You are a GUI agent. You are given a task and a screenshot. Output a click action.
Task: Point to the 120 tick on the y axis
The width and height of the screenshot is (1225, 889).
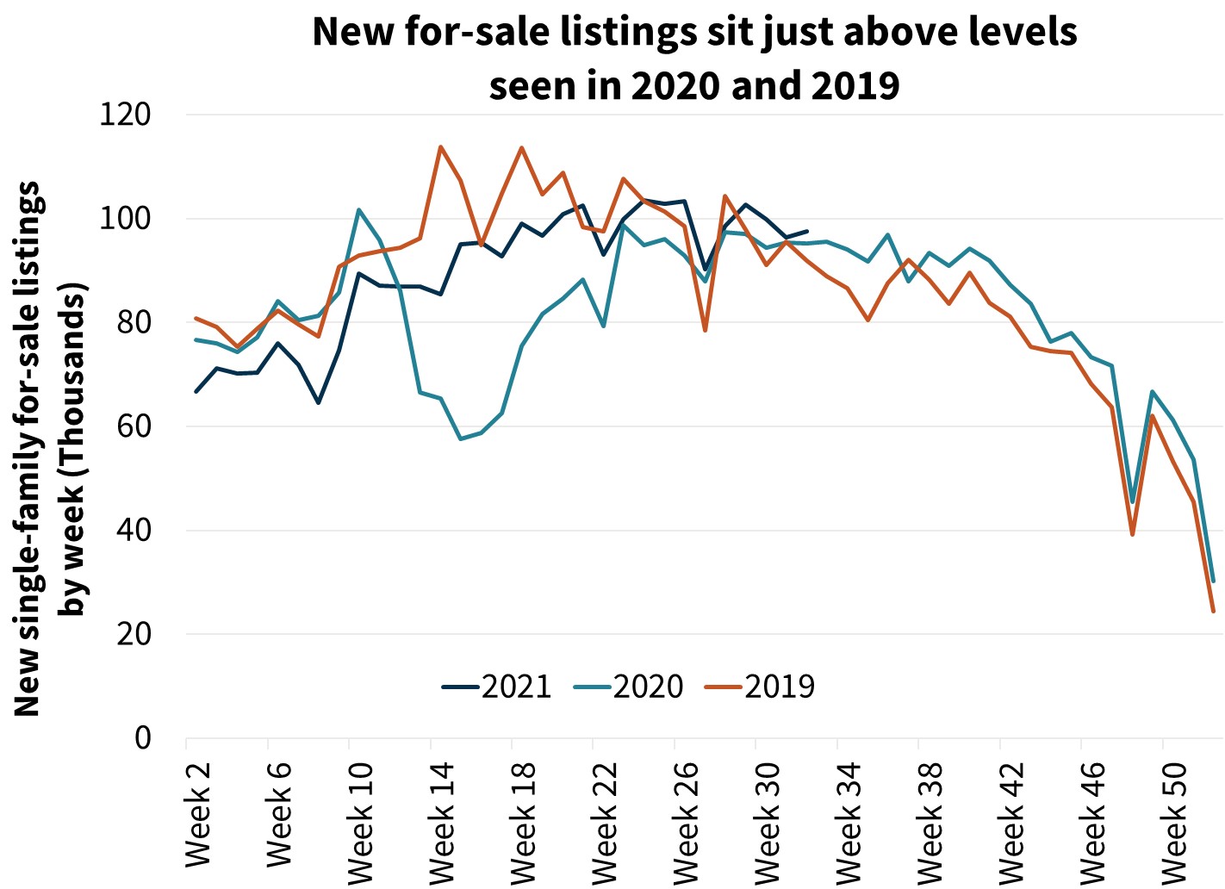pos(125,115)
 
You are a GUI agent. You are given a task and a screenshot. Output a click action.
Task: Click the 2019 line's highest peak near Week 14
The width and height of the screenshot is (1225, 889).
pos(440,146)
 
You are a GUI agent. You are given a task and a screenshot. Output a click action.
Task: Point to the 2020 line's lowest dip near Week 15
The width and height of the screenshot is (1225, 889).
pos(461,439)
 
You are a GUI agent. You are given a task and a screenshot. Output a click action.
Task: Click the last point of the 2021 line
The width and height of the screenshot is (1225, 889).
pos(806,231)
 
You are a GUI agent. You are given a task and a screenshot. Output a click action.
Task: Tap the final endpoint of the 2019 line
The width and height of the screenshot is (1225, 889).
pos(1213,612)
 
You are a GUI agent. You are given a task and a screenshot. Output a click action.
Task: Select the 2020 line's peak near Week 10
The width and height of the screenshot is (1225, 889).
pos(358,209)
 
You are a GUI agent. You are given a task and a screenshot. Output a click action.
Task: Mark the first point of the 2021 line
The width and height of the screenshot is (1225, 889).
pos(196,392)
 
